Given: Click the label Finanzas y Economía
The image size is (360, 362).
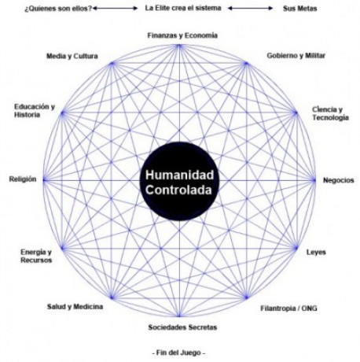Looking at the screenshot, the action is (x=182, y=35).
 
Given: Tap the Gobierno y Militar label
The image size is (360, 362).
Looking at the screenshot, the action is (x=296, y=56).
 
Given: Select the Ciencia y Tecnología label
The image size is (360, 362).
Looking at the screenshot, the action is (x=330, y=113).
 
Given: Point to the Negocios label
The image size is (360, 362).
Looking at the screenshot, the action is (x=339, y=180).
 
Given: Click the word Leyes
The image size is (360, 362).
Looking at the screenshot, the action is (x=316, y=253).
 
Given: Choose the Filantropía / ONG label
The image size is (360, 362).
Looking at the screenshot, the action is (x=288, y=308).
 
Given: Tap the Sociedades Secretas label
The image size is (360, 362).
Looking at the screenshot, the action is (x=182, y=327).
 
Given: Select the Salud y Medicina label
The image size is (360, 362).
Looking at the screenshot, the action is (x=75, y=307).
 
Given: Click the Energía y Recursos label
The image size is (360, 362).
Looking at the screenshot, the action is (x=36, y=256).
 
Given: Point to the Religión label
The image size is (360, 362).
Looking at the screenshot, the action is (x=23, y=179).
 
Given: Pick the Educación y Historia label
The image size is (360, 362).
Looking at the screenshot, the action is (x=35, y=111).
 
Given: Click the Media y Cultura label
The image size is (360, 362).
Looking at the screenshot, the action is (x=72, y=56).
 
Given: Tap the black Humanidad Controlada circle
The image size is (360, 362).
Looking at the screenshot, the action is (x=179, y=182).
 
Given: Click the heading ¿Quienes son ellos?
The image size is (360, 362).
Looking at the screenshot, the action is (x=58, y=9).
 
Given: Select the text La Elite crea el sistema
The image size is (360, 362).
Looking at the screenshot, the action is (x=183, y=8).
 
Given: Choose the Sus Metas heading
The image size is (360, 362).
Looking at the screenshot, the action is (x=299, y=9).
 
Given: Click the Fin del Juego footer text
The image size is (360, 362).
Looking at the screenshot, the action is (x=178, y=353).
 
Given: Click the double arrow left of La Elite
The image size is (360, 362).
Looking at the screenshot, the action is (x=115, y=9).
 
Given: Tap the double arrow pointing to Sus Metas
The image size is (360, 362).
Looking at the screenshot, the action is (x=250, y=9).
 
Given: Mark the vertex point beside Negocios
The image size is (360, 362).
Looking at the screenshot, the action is (x=314, y=180).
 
